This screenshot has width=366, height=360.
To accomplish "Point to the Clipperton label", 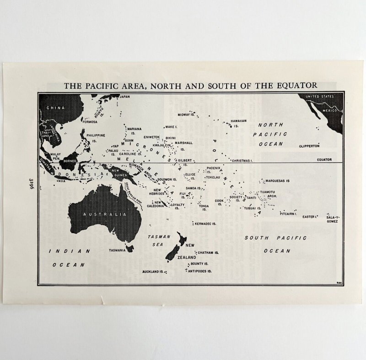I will pos(309,146).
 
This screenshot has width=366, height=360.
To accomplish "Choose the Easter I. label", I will pos(310,217).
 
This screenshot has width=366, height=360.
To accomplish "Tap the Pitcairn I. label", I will pos(288,213).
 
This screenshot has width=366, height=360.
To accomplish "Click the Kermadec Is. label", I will pos(205,224).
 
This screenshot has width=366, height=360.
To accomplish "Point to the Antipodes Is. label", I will pos(200,271).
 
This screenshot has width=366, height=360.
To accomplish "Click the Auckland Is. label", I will pos(153,272).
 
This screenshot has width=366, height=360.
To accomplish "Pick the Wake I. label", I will pos(171,126).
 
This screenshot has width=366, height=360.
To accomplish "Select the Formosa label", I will pos(90,122).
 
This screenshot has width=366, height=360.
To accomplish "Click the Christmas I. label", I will pos(242,161).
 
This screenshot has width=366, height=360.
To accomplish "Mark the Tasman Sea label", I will pos(158,240).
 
